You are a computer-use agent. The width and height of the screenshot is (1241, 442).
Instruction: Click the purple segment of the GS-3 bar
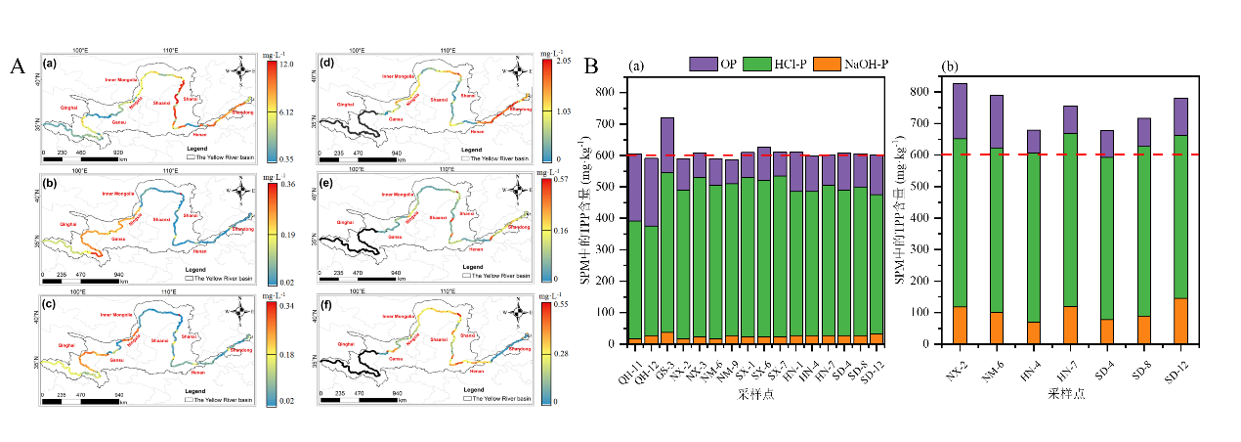[x=667, y=145]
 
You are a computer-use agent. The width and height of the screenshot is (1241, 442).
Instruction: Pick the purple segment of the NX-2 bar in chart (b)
[x=933, y=110]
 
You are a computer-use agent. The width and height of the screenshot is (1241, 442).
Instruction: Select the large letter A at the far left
[x=18, y=66]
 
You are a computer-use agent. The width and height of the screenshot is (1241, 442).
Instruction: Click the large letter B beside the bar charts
[x=590, y=66]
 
